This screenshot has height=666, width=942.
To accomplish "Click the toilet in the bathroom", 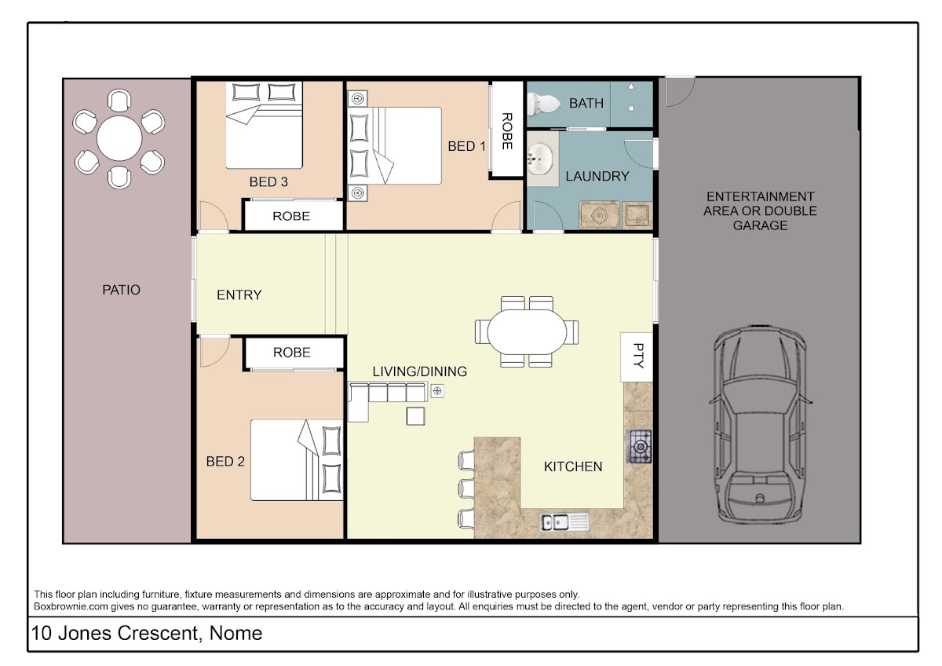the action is (543, 104).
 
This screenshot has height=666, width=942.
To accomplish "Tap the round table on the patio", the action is (119, 138).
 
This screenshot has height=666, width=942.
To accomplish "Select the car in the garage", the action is (760, 423).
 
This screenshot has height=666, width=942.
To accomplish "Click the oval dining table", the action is (527, 332).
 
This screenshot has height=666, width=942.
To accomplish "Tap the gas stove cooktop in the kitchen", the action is (639, 446).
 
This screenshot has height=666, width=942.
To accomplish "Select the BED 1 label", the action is (466, 146).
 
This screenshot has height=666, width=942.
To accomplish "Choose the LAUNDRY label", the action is (597, 176).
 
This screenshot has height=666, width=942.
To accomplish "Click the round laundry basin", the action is (540, 159).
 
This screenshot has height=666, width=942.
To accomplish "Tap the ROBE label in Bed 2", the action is (292, 352).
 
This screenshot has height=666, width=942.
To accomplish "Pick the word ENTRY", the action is (239, 295).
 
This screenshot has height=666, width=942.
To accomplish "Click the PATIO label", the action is (121, 290).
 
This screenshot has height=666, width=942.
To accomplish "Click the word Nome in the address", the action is (236, 633).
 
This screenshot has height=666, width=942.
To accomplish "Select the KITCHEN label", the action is (573, 467).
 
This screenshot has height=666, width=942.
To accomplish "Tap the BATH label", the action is (586, 103).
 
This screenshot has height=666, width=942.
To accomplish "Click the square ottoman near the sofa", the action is (415, 416).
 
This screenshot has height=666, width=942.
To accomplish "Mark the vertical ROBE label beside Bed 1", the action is (507, 131).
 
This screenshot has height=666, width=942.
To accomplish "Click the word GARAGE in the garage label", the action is (761, 225).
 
